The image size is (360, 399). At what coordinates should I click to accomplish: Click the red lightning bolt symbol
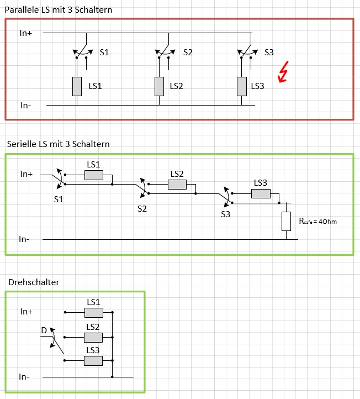(x=283, y=73)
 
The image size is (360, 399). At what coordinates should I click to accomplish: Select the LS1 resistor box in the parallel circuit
(x=77, y=86)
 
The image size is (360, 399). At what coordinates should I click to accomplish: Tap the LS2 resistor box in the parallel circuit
(x=159, y=86)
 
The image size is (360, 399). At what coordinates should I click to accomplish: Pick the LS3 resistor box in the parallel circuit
(x=241, y=86)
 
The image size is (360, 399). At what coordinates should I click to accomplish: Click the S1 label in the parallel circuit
(x=104, y=53)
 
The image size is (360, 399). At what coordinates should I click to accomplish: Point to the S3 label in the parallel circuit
(x=269, y=53)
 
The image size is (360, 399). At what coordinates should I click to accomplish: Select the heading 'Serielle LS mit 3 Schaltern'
(x=59, y=144)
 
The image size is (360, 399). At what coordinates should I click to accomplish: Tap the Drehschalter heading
(x=34, y=282)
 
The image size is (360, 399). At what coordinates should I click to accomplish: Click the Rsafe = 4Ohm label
(x=317, y=221)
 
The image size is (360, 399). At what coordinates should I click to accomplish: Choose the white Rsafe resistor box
(x=286, y=221)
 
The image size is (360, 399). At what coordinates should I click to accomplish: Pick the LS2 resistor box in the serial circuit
(x=177, y=185)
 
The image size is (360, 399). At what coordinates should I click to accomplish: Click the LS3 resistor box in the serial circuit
(x=261, y=193)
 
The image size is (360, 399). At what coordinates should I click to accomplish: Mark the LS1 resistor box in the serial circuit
(x=93, y=175)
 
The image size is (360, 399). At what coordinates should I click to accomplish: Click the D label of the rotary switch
(x=44, y=330)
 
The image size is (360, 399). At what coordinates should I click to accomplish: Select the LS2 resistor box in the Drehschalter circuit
(x=93, y=337)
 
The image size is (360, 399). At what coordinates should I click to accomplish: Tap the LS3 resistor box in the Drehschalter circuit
(x=93, y=360)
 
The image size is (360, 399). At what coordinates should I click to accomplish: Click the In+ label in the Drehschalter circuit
(x=27, y=312)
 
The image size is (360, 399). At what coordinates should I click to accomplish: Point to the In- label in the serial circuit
(x=24, y=239)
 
